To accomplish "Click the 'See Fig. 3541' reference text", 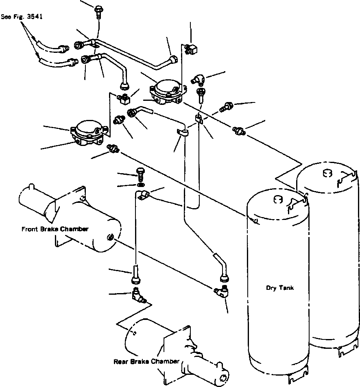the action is click(x=22, y=17).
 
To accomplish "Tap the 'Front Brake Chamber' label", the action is click(x=55, y=229).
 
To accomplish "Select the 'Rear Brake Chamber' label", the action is click(x=146, y=361).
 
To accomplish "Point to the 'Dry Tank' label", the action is click(x=280, y=288).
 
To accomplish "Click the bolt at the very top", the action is click(x=98, y=12).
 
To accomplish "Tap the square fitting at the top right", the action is click(x=191, y=49).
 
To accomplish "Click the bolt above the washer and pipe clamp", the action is click(x=140, y=174).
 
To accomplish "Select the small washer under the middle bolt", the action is click(x=141, y=185).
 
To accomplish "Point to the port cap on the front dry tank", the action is click(x=278, y=200).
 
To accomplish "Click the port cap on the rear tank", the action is click(x=327, y=173).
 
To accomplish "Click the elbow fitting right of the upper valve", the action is click(x=198, y=80).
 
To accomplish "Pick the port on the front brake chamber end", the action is click(x=110, y=238).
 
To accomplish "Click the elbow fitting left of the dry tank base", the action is click(x=221, y=292).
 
